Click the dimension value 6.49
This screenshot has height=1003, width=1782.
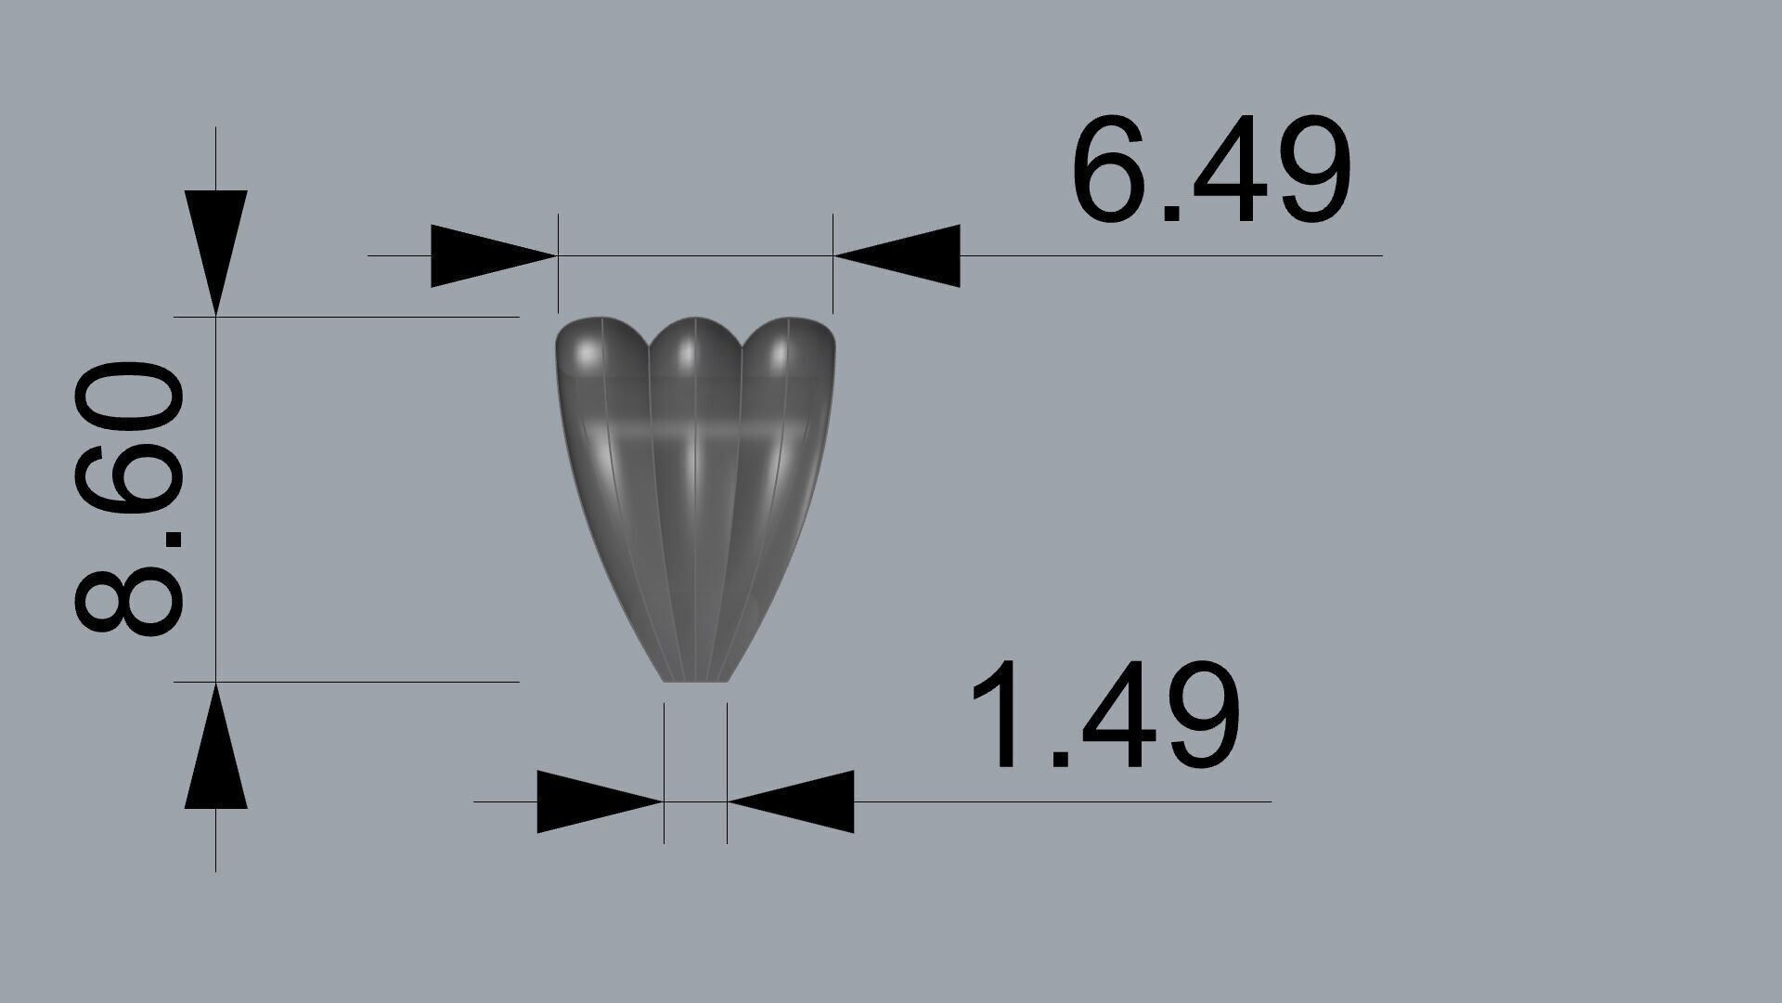(1210, 173)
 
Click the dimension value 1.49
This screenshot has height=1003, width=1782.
(1104, 716)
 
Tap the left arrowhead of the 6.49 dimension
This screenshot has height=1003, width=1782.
(492, 254)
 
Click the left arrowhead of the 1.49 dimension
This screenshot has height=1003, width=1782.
(598, 801)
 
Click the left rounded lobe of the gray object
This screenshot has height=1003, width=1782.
(594, 353)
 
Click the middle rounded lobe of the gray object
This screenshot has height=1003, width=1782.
(694, 353)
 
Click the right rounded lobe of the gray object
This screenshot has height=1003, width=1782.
(789, 353)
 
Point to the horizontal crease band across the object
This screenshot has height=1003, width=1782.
(695, 434)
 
